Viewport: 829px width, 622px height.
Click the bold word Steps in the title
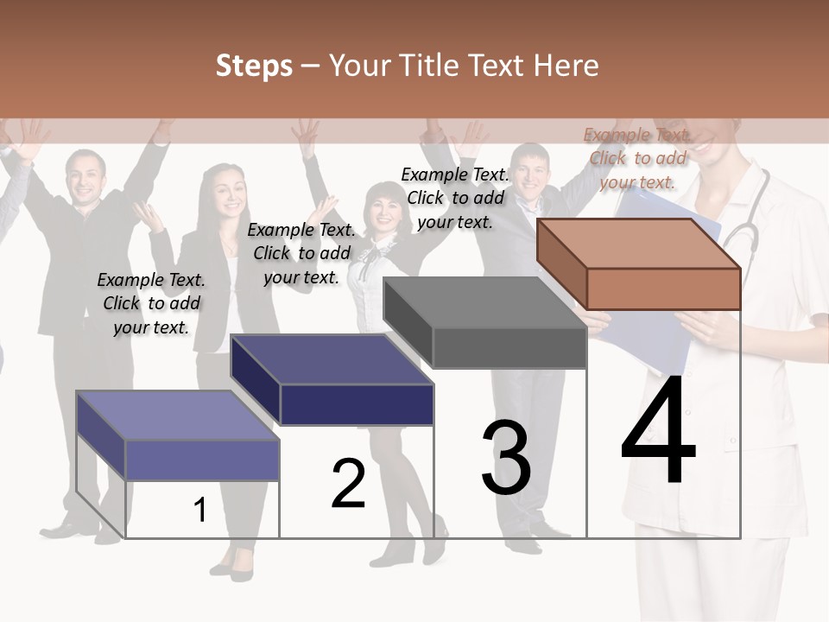pyautogui.click(x=254, y=66)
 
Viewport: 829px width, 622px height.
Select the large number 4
pyautogui.click(x=658, y=432)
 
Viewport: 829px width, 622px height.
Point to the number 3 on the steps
pyautogui.click(x=505, y=458)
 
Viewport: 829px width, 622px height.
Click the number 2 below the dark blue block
pyautogui.click(x=348, y=484)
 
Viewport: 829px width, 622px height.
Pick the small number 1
pyautogui.click(x=200, y=511)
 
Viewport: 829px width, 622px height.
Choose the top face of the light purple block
pyautogui.click(x=178, y=416)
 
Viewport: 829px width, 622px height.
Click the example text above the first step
pyautogui.click(x=151, y=303)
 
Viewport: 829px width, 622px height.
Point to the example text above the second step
pyautogui.click(x=301, y=253)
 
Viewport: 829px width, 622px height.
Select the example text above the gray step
pyautogui.click(x=455, y=198)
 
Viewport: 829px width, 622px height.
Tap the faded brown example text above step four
pyautogui.click(x=637, y=158)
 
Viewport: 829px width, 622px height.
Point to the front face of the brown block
pyautogui.click(x=663, y=289)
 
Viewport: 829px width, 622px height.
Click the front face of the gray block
pyautogui.click(x=509, y=348)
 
